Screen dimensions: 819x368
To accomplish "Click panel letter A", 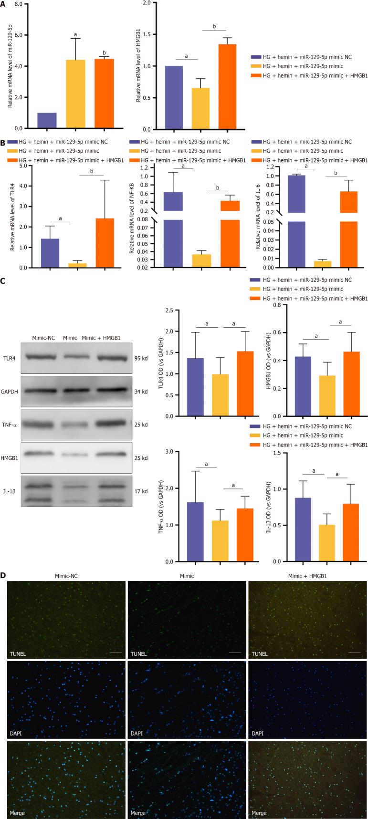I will [3, 4].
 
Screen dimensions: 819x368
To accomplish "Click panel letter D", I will [3, 575].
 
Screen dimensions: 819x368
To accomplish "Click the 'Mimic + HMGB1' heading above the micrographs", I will [307, 576].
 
